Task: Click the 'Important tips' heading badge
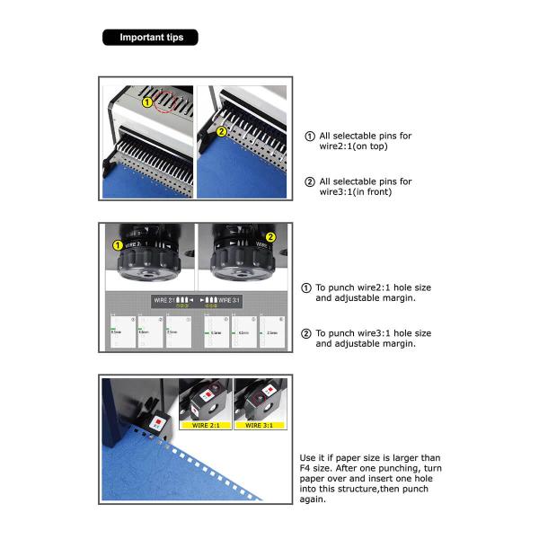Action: coord(151,38)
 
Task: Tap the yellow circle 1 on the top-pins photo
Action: coord(146,102)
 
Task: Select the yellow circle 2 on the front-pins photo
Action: coord(221,131)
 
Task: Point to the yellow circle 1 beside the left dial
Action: coord(117,245)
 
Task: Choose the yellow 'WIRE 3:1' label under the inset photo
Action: coord(260,425)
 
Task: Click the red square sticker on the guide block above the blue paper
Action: coord(158,420)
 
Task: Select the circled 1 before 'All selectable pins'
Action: coord(311,137)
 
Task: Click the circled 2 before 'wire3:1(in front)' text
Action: coord(311,182)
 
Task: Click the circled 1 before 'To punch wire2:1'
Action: coord(307,288)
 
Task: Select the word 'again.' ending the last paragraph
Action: coord(314,499)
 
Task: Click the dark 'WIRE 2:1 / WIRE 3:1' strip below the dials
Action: coord(196,300)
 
